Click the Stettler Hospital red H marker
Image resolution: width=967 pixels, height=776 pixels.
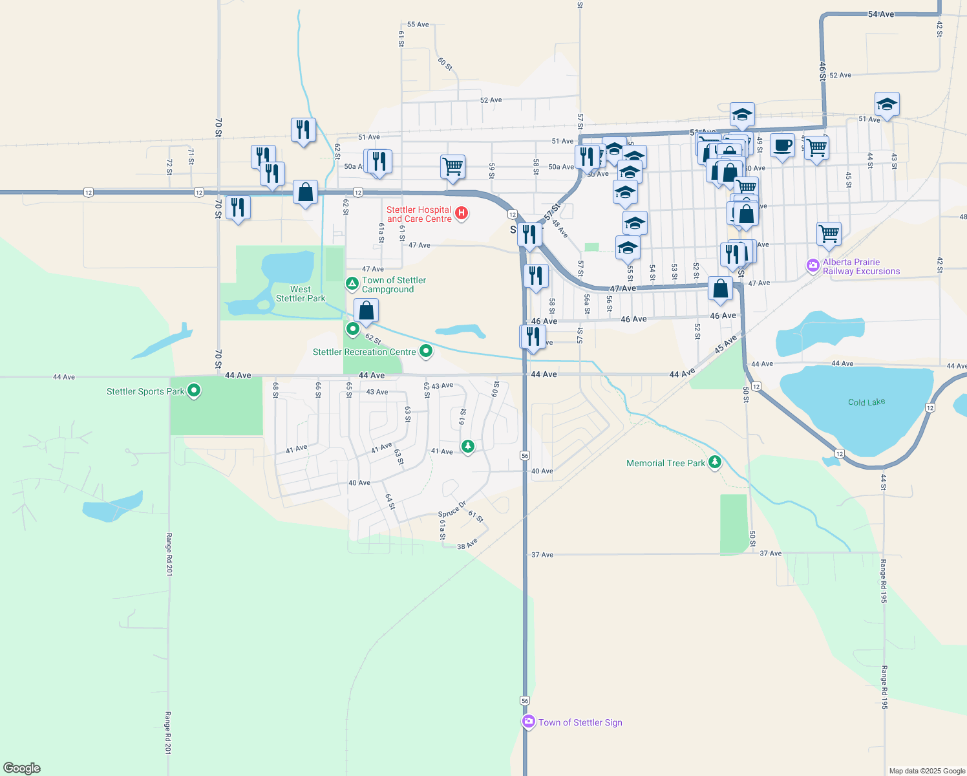tap(462, 213)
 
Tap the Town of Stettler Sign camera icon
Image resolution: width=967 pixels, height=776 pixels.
tap(529, 722)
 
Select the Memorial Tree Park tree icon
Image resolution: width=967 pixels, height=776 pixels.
tap(714, 462)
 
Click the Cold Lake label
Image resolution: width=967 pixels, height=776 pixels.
tap(866, 402)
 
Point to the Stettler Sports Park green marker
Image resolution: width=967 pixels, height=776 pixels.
tap(194, 391)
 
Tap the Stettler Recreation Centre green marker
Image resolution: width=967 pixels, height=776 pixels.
tap(426, 351)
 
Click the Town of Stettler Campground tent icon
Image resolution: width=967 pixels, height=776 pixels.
tap(352, 283)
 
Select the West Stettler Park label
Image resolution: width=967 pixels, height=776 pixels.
tap(301, 294)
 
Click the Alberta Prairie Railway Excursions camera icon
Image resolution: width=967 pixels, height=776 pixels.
tap(813, 266)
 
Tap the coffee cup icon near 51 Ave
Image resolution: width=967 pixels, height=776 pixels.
tap(782, 145)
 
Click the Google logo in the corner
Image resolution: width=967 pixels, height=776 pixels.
tap(22, 768)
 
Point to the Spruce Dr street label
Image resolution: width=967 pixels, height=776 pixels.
tap(452, 509)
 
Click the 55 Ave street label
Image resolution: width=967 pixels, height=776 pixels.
tap(418, 25)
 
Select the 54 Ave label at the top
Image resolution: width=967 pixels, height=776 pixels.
tap(881, 14)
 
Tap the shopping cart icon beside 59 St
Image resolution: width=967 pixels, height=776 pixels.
tap(452, 166)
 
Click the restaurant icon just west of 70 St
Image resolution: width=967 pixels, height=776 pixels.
tap(238, 207)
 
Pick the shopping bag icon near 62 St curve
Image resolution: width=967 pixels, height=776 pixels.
tap(366, 310)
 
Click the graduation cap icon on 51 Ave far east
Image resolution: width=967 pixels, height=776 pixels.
tap(887, 103)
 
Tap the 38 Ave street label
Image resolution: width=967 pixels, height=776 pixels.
tap(467, 544)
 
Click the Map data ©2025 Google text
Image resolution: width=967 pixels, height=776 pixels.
tap(927, 771)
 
